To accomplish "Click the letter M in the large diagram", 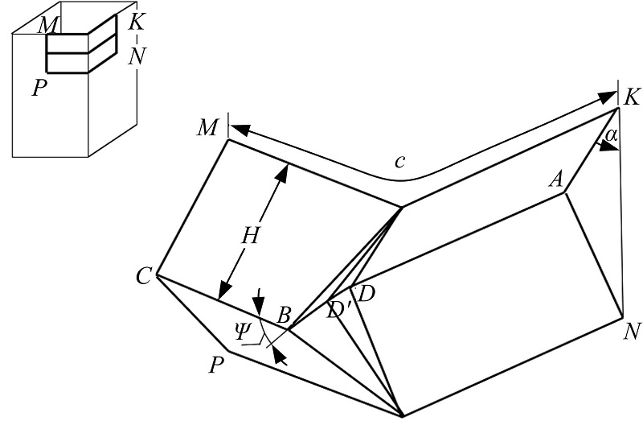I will [x=209, y=126].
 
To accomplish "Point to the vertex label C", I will [x=144, y=278].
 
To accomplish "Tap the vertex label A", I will [x=555, y=180].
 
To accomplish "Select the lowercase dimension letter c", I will [x=399, y=161].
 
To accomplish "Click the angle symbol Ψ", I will [x=238, y=330].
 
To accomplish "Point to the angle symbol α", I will [x=612, y=137].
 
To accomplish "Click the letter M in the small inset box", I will [x=50, y=26].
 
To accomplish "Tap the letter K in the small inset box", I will [x=137, y=22].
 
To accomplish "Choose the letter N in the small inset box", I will [x=137, y=54].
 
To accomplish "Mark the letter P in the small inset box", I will [x=37, y=87].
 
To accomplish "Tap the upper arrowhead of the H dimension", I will [x=282, y=170].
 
